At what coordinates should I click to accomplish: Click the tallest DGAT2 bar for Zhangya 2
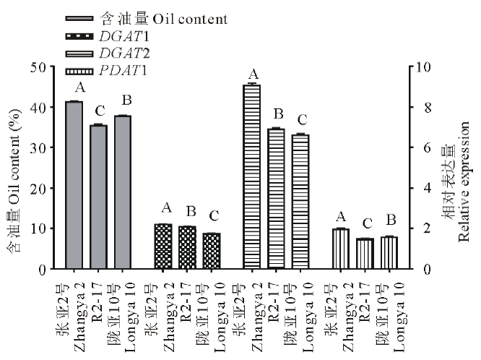pyautogui.click(x=253, y=177)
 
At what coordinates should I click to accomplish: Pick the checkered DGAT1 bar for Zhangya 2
pyautogui.click(x=163, y=247)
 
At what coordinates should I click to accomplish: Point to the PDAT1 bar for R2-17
pyautogui.click(x=365, y=254)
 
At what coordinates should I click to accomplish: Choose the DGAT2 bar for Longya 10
pyautogui.click(x=301, y=202)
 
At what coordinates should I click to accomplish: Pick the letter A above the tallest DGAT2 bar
pyautogui.click(x=253, y=74)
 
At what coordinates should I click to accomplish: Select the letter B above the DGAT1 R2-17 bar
pyautogui.click(x=190, y=212)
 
